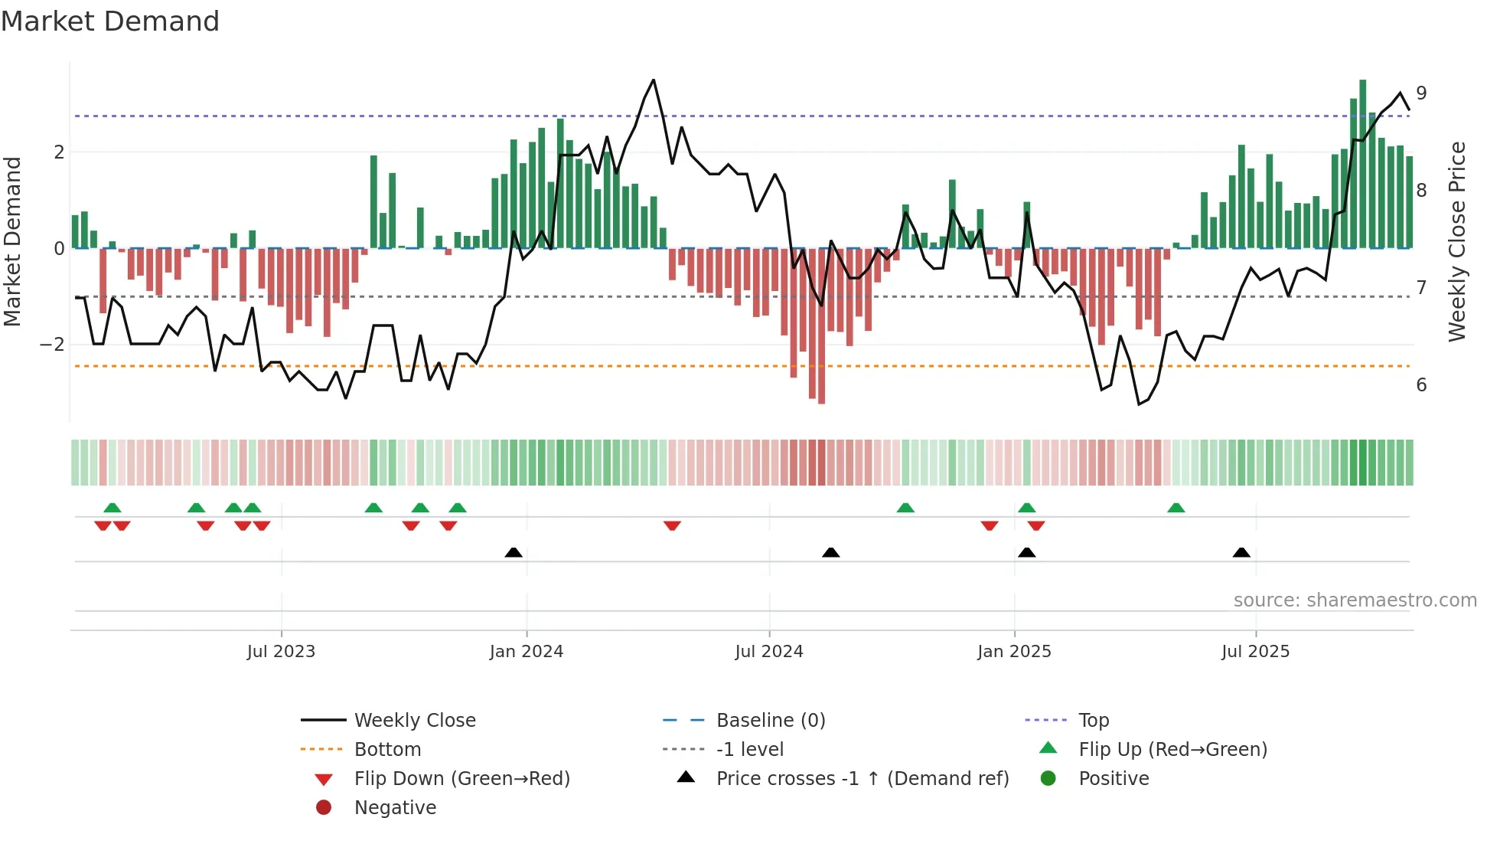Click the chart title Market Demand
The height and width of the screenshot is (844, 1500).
point(110,21)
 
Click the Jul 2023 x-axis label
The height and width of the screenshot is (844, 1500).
point(281,652)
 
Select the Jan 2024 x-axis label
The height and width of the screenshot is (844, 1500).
point(527,652)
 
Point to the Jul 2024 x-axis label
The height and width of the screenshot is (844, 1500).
point(769,652)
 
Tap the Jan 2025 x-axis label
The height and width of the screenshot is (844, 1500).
point(1014,652)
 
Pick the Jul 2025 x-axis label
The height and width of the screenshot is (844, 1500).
point(1255,652)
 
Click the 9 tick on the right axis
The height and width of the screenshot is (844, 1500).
point(1421,93)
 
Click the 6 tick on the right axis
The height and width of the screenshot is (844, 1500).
point(1421,385)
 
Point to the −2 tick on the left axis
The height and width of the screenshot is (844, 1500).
point(52,345)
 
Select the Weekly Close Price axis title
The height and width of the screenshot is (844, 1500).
point(1457,241)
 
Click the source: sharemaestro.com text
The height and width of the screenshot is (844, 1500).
point(1355,600)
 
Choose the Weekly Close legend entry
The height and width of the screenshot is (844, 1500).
point(415,721)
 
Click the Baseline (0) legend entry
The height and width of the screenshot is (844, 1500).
point(771,721)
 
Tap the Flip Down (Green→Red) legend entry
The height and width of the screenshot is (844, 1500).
point(461,779)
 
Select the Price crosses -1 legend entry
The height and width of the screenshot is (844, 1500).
point(862,779)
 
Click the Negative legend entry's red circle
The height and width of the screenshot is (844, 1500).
point(324,808)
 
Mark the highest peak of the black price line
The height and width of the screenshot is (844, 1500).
point(653,80)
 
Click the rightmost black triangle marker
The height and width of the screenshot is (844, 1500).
point(1241,553)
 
